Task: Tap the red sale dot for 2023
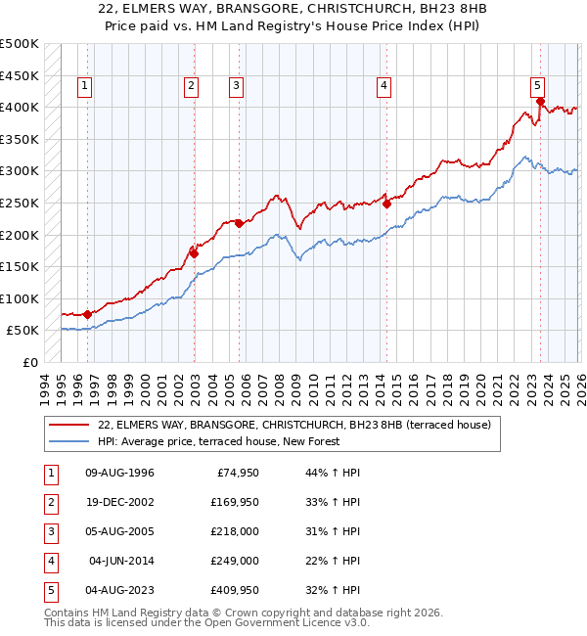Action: tap(540, 101)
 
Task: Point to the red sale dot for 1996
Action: tap(88, 314)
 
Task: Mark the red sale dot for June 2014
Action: tap(386, 204)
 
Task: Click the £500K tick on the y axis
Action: tap(20, 44)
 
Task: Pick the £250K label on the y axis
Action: tap(20, 203)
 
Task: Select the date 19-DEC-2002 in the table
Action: tap(120, 503)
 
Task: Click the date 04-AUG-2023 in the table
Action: tap(120, 591)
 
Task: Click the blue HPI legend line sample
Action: tap(68, 441)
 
